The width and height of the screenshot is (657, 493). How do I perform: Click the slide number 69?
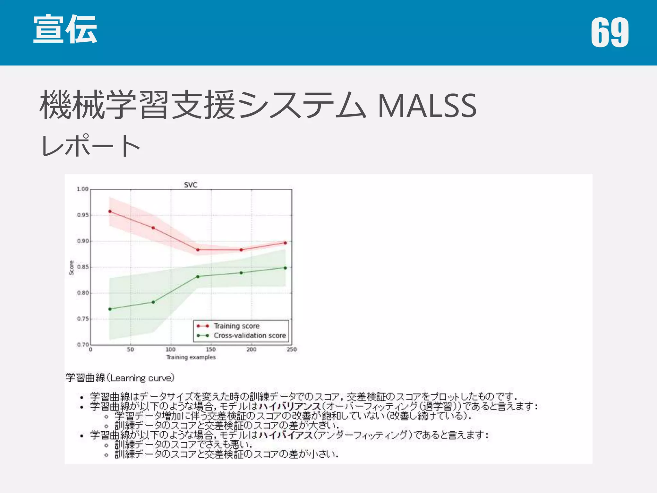tap(610, 32)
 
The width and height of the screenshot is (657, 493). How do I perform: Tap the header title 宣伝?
tap(65, 29)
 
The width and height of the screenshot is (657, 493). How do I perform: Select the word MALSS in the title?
tap(427, 106)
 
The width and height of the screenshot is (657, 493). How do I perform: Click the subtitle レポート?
tap(91, 146)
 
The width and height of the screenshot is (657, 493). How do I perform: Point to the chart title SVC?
tap(191, 185)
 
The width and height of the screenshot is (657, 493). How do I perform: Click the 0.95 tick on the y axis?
tap(82, 215)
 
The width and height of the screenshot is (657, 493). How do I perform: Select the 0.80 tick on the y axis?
tap(82, 293)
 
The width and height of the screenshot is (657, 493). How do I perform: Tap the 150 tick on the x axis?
tap(211, 350)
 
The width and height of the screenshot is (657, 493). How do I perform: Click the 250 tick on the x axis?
tap(292, 350)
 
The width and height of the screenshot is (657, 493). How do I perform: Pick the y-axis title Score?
tap(72, 267)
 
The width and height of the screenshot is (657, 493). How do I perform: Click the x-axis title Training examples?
tap(191, 357)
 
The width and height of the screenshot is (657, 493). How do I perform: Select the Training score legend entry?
tap(236, 326)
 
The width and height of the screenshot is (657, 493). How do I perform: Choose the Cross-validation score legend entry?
tap(250, 336)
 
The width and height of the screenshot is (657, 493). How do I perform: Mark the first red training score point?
tap(110, 212)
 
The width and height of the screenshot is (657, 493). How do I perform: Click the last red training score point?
tap(285, 243)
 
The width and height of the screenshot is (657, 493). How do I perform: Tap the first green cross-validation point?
tap(110, 309)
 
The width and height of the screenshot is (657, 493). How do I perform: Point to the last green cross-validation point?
tap(285, 268)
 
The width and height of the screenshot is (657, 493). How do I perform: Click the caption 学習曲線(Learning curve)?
tap(120, 378)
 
